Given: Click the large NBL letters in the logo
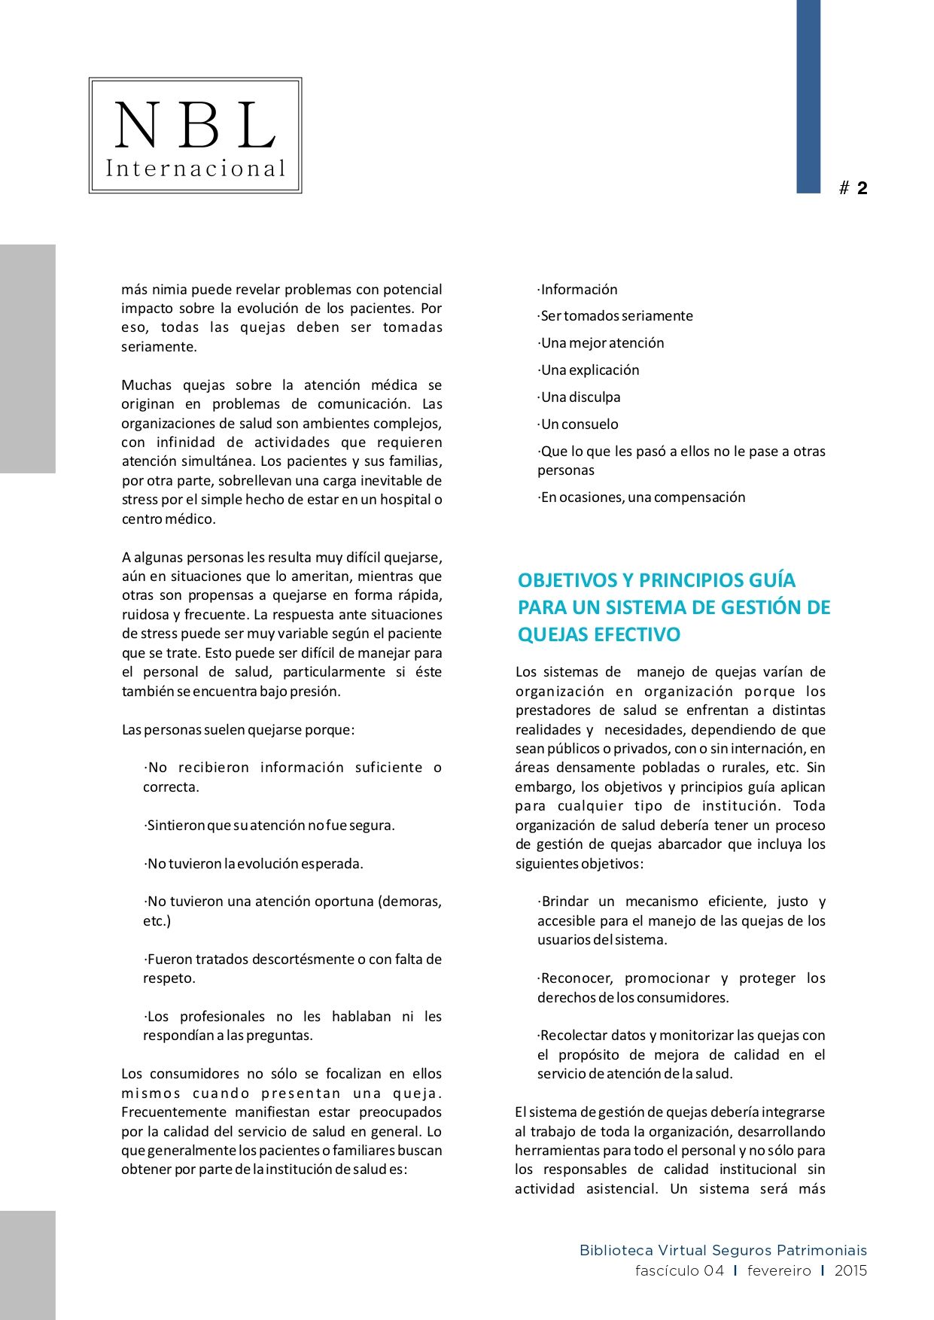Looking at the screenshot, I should pos(195,126).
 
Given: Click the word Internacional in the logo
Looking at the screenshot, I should pos(196,169).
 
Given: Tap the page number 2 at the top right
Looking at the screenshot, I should pos(862,188).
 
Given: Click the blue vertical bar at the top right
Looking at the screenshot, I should pos(808,96).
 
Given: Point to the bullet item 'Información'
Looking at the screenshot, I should pos(578,290).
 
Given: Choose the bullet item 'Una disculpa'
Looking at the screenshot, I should pos(580,397).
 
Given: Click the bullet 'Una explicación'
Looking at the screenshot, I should pos(589,370).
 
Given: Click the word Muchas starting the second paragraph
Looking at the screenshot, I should pos(147,385).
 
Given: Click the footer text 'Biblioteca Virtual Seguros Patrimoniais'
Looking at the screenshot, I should pos(723,1251).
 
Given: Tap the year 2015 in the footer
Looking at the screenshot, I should pos(850,1271).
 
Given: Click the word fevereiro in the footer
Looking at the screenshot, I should pos(779,1271).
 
